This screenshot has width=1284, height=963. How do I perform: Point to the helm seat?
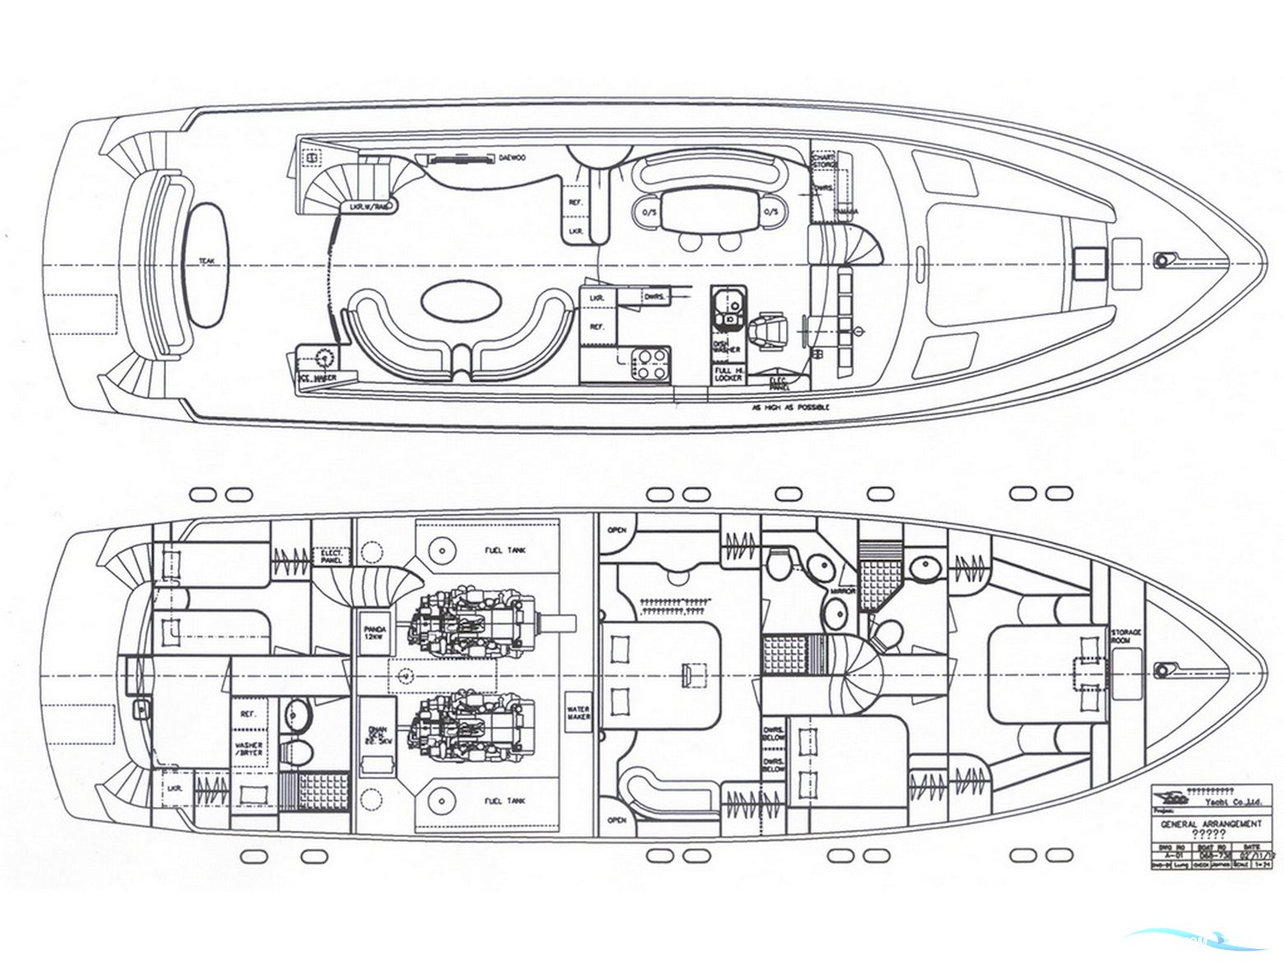(x=772, y=329)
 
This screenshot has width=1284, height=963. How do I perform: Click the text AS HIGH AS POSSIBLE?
(x=789, y=407)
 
